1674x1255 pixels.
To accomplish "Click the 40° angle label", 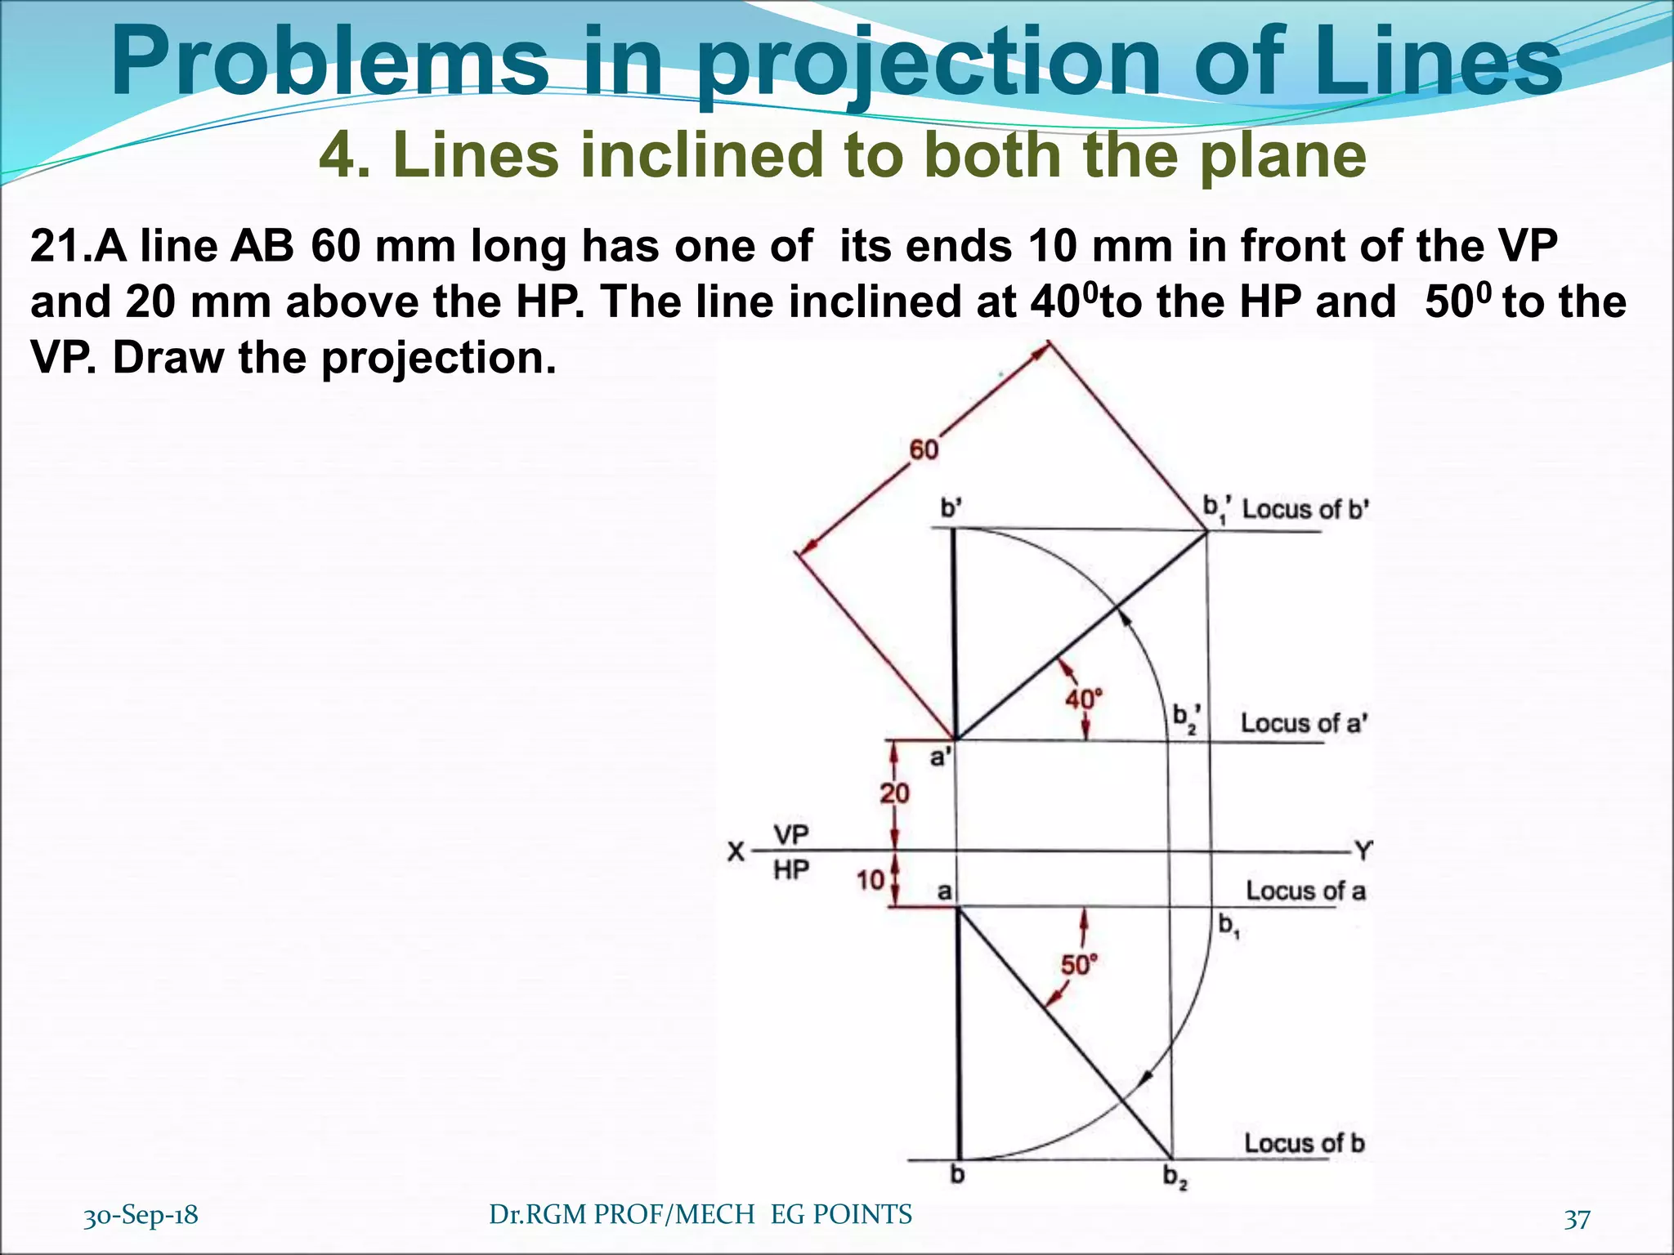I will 1084,699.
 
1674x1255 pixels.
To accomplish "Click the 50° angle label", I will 1079,965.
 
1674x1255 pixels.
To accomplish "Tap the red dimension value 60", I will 924,449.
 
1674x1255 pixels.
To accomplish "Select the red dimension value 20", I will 894,793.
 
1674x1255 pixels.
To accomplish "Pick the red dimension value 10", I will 871,880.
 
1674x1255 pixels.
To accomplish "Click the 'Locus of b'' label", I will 1305,509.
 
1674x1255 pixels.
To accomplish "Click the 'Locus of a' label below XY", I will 1305,891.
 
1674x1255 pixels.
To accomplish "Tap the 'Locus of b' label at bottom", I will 1305,1143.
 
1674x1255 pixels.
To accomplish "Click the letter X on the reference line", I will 736,853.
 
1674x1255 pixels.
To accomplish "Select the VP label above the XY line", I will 791,835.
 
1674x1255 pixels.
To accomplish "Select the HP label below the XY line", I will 791,870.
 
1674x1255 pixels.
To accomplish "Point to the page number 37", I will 1577,1219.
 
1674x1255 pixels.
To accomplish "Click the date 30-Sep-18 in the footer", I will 141,1215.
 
